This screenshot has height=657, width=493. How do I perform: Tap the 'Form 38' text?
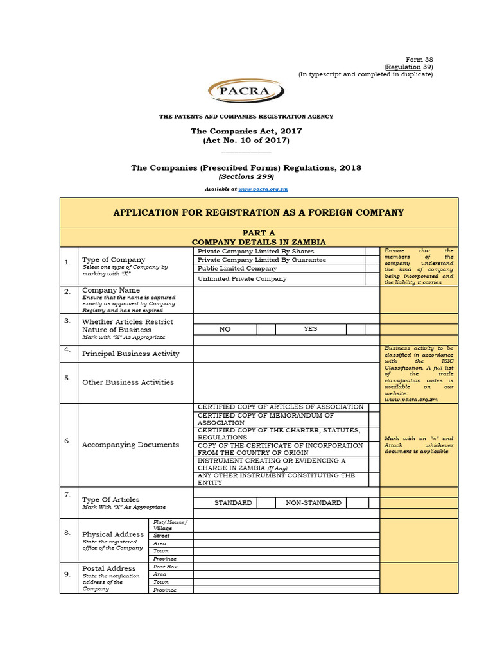tap(420, 59)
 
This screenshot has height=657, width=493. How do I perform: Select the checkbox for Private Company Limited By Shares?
tap(372, 252)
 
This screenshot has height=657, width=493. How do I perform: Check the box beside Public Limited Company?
tap(372, 269)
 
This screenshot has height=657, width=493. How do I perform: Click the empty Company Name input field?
tap(286, 300)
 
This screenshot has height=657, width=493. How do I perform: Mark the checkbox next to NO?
tap(266, 329)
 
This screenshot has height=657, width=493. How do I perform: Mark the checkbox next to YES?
tap(355, 329)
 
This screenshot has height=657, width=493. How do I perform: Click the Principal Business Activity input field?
tap(286, 354)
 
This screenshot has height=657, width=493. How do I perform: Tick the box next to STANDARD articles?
tap(266, 503)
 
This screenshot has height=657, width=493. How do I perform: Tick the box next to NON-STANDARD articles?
tap(355, 503)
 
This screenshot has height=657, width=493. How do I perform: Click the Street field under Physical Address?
tap(286, 535)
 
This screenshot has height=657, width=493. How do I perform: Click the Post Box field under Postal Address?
tap(286, 567)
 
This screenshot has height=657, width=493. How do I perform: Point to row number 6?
tap(67, 441)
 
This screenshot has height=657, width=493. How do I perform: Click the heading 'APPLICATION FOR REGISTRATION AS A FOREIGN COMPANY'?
tap(259, 212)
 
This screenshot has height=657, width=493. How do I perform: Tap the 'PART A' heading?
tap(259, 232)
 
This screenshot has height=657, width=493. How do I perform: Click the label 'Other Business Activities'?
tap(128, 382)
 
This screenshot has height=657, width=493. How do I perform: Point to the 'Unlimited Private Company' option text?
tap(242, 279)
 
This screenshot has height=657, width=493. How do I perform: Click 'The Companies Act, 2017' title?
tap(246, 131)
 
